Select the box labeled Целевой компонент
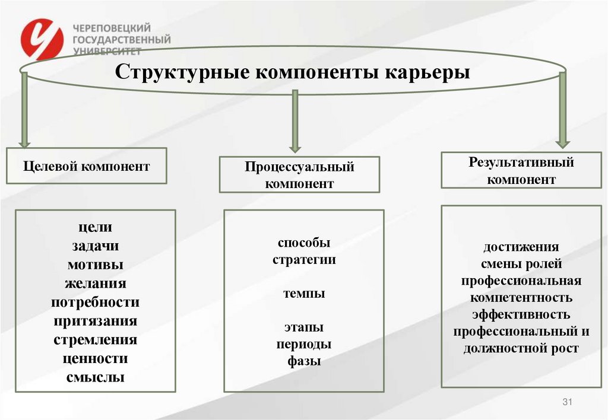coord(87,166)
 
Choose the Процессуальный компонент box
coord(299,174)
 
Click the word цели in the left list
coord(95,227)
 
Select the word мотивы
coord(95,265)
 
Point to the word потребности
coord(95,302)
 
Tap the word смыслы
coord(95,377)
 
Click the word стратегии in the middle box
coord(304,259)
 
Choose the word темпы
coord(304,293)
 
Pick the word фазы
coord(304,361)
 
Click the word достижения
coord(521,247)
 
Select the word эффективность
coord(521,314)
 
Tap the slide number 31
coord(566,403)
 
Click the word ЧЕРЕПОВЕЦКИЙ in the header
coord(112,28)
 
